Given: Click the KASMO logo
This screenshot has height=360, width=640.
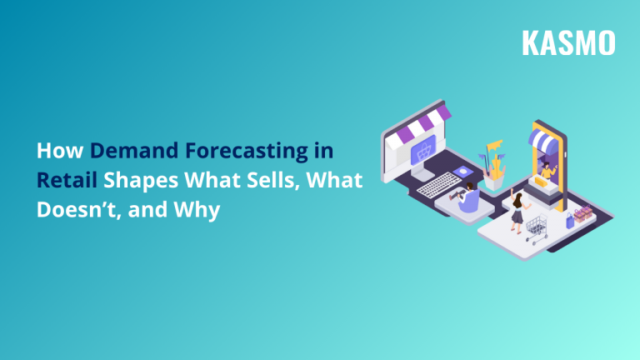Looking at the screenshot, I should [x=568, y=42].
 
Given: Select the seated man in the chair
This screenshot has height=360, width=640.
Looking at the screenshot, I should [x=467, y=198].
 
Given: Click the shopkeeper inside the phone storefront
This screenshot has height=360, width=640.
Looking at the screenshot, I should [x=547, y=170].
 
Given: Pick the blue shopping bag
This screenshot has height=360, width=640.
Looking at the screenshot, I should [x=571, y=220].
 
